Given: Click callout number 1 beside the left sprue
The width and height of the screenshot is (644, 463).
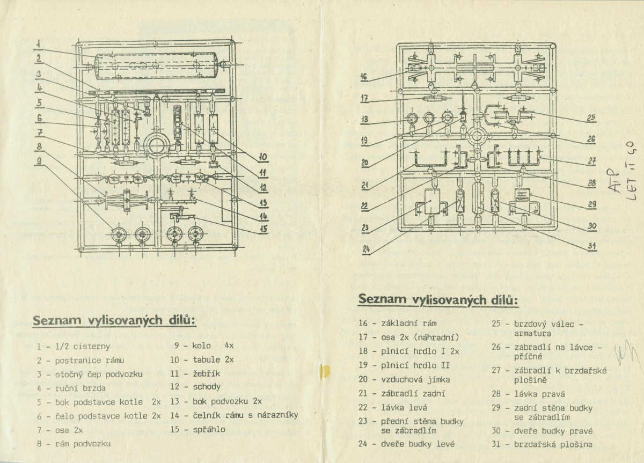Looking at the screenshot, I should point(39,43).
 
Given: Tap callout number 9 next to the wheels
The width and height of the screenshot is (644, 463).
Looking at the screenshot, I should point(39,160).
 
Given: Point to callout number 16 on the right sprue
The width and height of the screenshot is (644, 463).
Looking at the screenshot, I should point(364,77).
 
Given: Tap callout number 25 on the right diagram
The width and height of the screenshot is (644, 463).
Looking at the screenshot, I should point(591,119).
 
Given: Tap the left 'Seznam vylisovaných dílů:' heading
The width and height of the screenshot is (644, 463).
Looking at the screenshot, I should point(114,320).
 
